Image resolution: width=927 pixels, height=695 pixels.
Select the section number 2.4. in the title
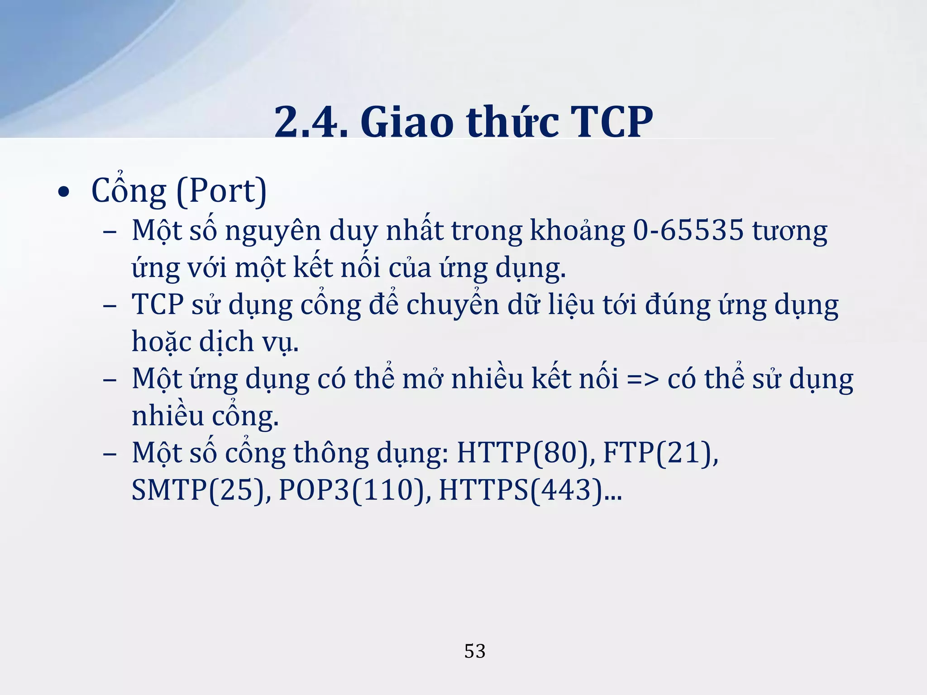(311, 122)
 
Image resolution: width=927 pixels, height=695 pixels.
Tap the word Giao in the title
(407, 122)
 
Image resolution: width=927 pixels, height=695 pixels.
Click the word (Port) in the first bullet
(221, 191)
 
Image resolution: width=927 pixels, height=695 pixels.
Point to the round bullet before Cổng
(64, 192)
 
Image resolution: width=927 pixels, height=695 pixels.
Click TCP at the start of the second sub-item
(158, 304)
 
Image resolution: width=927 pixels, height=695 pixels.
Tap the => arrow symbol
(643, 379)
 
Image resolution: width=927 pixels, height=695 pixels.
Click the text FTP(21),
(660, 453)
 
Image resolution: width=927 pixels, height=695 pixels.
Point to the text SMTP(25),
(201, 490)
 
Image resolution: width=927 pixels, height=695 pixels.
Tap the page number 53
(475, 651)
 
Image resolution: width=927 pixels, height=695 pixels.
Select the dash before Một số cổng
(110, 453)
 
